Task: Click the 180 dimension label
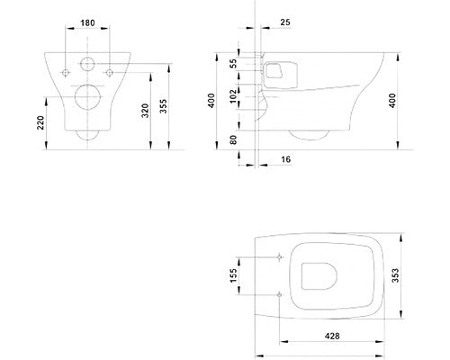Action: click(x=87, y=22)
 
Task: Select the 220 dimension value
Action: click(x=40, y=122)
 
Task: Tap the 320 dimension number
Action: click(x=145, y=111)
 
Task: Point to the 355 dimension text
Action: click(x=163, y=106)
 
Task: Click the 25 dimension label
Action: click(x=285, y=22)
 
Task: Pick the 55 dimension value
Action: click(x=233, y=63)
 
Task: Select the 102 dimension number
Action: click(x=233, y=96)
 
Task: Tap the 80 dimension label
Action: click(x=233, y=139)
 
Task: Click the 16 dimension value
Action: click(x=286, y=159)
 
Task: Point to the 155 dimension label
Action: click(x=233, y=275)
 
